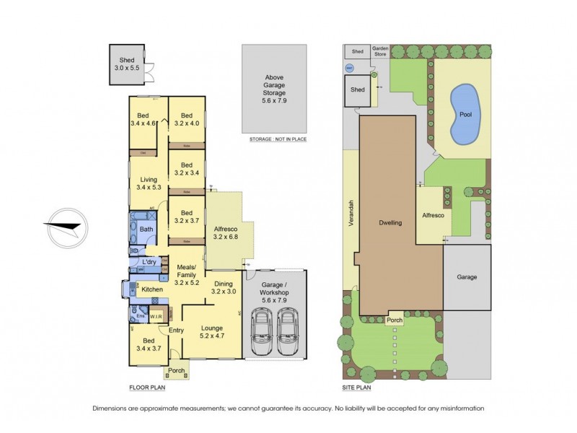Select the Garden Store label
coord(380,51)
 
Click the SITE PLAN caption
coord(356,388)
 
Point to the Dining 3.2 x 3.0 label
coord(224,287)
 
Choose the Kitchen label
coord(152,289)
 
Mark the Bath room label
coord(146,229)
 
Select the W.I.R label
coord(157,315)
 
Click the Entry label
coord(176,331)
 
